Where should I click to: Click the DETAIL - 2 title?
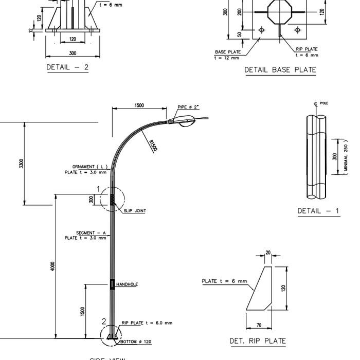point(67,67)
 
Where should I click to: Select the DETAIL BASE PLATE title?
point(280,70)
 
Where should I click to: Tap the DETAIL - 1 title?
point(318,211)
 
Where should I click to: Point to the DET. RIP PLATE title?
point(257,340)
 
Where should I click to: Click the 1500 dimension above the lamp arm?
point(139,105)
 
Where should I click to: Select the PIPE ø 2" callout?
point(188,107)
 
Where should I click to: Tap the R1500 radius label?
point(153,146)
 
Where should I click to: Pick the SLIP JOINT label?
point(134,211)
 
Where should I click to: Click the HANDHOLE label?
point(127,284)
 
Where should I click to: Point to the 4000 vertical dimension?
point(52,266)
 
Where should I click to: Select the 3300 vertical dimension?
point(21,164)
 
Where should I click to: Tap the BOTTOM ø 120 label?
point(136,341)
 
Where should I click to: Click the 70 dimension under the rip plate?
point(259,325)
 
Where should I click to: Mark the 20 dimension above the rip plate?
point(268,253)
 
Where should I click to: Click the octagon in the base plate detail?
point(279,11)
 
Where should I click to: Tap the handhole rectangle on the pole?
point(112,284)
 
